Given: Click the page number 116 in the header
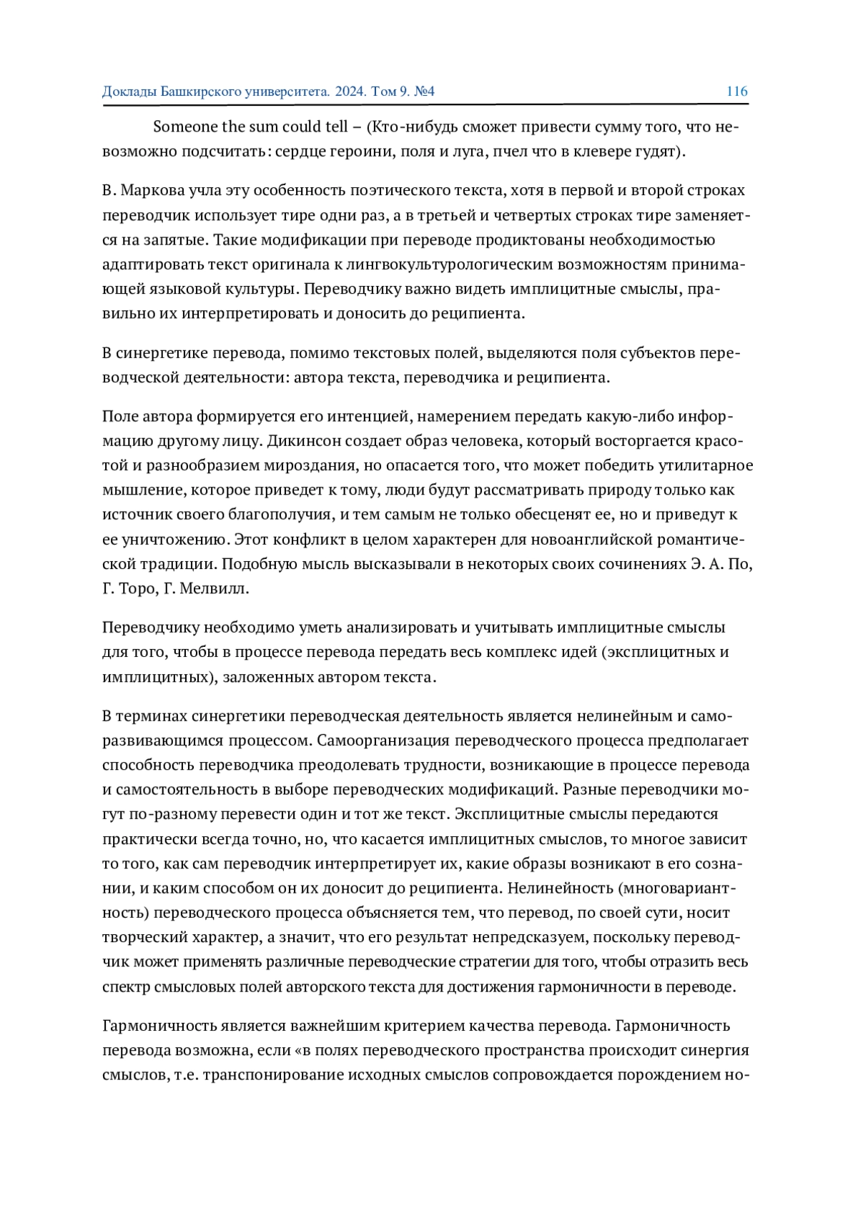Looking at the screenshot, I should click(x=736, y=91).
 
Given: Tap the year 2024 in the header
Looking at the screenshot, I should click(x=350, y=91).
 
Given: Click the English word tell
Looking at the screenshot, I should click(x=335, y=127).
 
